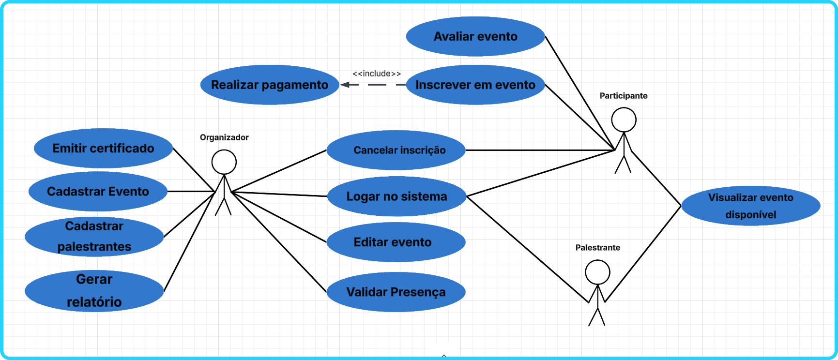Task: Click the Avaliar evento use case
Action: tap(475, 36)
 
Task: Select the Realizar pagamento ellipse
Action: tap(270, 85)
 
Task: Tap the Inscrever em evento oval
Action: tap(475, 85)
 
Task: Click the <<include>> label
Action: tap(377, 74)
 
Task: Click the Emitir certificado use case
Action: tap(103, 148)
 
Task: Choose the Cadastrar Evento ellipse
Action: tap(98, 191)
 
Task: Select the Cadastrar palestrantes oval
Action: tap(94, 237)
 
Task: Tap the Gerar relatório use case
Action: tap(94, 291)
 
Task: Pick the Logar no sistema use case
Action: tap(396, 196)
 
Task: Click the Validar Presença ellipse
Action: tap(396, 292)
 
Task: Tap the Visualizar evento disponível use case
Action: tap(750, 206)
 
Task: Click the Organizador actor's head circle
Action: tap(224, 162)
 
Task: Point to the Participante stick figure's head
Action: tap(624, 120)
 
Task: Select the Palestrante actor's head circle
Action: tap(597, 272)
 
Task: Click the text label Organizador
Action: tap(224, 137)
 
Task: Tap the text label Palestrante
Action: tap(597, 248)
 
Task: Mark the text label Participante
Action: tap(624, 96)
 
